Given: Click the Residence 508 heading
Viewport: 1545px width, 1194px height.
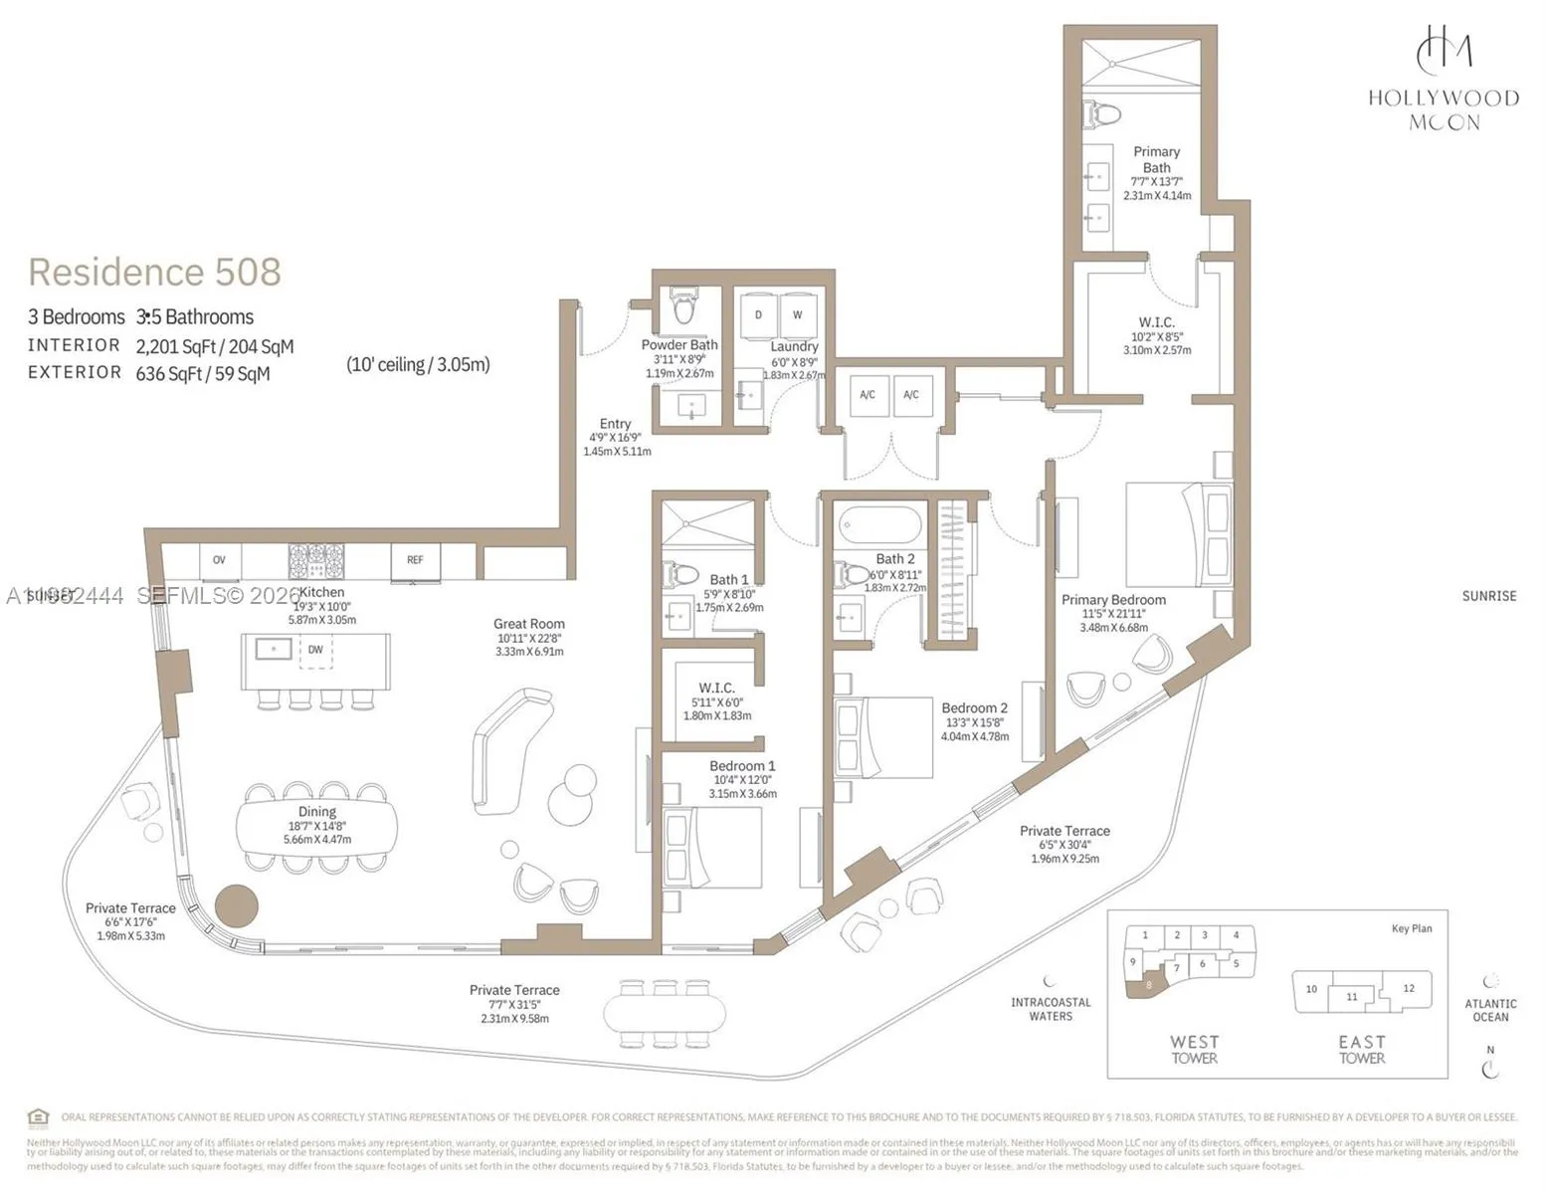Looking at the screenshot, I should (x=154, y=272).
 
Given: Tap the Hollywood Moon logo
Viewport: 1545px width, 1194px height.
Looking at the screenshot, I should (x=1444, y=80).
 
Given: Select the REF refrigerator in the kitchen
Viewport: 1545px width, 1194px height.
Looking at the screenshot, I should (x=415, y=560).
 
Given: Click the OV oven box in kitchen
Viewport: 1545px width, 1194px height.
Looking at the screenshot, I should (x=219, y=560).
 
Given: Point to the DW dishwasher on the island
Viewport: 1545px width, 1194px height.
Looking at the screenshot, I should (x=315, y=650).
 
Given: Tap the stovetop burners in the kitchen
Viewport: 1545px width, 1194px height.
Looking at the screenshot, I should (x=316, y=561).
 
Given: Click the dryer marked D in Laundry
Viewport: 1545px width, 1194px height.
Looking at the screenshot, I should (x=758, y=315).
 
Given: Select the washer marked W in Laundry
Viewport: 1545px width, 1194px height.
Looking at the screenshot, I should (x=798, y=315).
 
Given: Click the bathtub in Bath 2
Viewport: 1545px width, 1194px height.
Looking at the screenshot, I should (x=880, y=524).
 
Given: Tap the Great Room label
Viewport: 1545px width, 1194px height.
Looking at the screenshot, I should (x=528, y=624).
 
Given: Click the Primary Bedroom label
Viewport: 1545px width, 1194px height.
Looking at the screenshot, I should (x=1113, y=600).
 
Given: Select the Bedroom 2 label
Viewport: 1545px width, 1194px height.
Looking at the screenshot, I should (x=974, y=708).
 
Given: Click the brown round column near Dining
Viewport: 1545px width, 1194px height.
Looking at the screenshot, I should (x=237, y=905).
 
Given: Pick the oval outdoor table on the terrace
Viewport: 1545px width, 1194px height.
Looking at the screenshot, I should (x=659, y=1014).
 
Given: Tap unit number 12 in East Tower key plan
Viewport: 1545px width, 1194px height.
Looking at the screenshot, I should (x=1408, y=988).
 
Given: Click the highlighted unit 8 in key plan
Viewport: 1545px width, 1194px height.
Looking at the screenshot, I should (x=1148, y=985).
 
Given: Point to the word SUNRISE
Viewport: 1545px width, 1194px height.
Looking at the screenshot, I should (x=1488, y=596).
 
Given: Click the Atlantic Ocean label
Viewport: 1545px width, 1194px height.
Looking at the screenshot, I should (x=1489, y=1010).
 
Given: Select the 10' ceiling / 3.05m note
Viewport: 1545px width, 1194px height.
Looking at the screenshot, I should (x=418, y=364).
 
